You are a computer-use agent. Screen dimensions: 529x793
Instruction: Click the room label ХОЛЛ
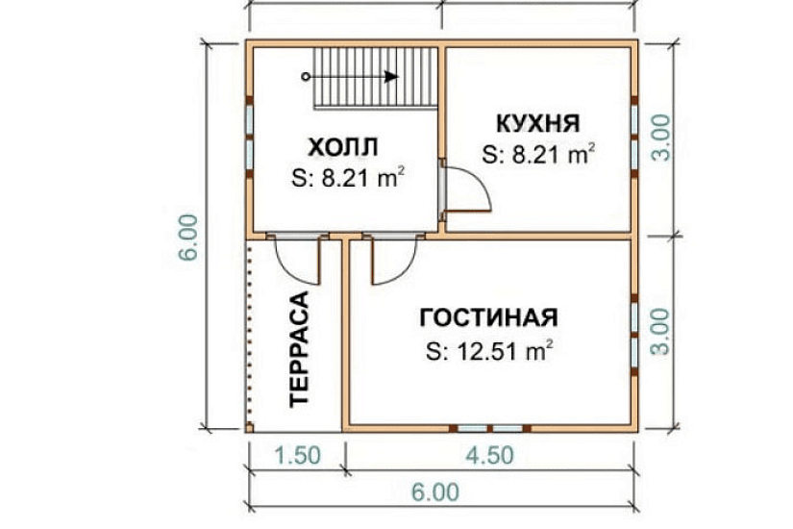pos(342,147)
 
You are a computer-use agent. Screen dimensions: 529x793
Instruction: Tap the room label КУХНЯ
pos(537,124)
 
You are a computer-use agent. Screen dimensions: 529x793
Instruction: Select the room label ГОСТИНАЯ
pos(489,317)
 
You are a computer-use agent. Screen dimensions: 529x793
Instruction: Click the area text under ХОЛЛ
pos(346,177)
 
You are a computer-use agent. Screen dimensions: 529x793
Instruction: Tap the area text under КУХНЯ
pos(539,154)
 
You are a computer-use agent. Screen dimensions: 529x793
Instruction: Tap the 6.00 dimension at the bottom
pos(436,492)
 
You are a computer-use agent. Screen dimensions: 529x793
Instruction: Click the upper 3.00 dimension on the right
pos(660,139)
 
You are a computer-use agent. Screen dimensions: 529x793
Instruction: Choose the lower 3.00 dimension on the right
pos(660,332)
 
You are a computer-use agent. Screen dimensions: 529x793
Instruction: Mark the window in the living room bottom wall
pos(489,427)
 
